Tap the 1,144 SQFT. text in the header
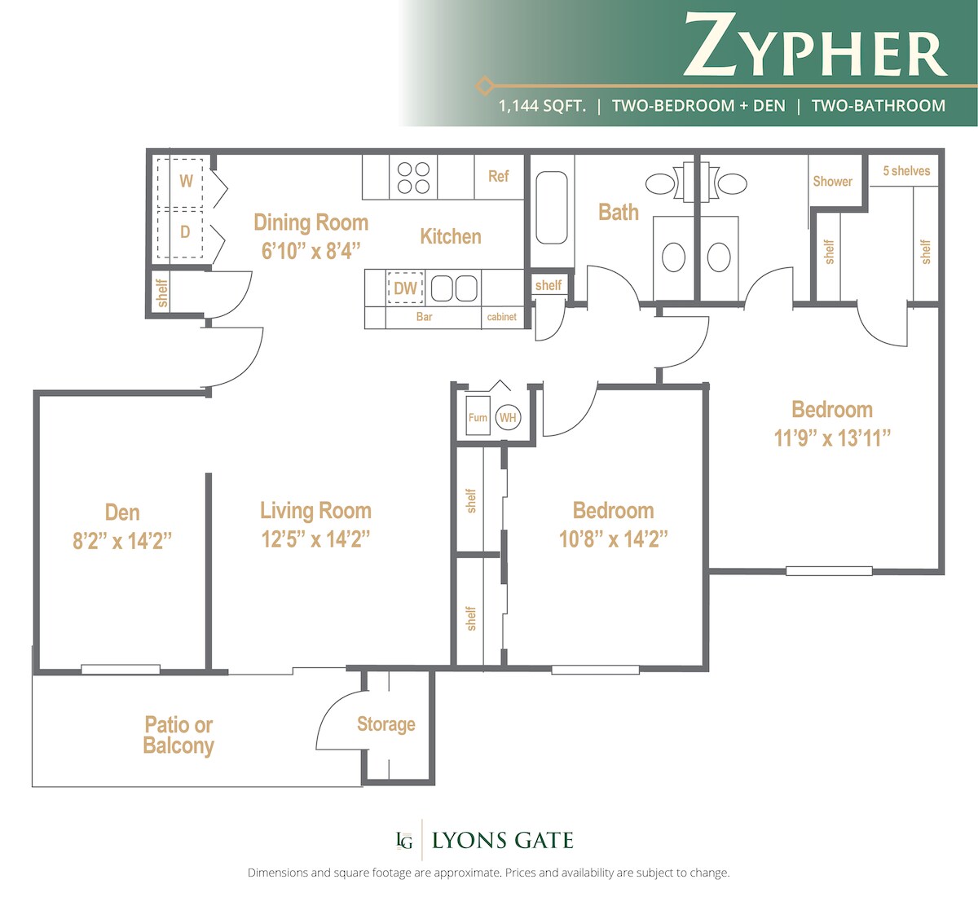542,106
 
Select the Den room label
122,512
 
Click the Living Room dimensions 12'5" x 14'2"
315,539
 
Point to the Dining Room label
311,222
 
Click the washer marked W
186,180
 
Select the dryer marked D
185,232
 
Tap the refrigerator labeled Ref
498,176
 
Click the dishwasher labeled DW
405,288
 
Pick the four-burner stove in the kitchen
413,178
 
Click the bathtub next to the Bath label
552,208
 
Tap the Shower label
832,181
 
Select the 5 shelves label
906,171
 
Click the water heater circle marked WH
508,418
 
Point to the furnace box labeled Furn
478,417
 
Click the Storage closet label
385,724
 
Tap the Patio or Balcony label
178,735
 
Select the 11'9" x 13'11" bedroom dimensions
832,438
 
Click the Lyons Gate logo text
502,841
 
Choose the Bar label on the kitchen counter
424,317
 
